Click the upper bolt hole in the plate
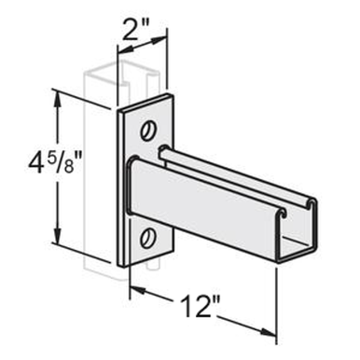[x=147, y=129]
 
